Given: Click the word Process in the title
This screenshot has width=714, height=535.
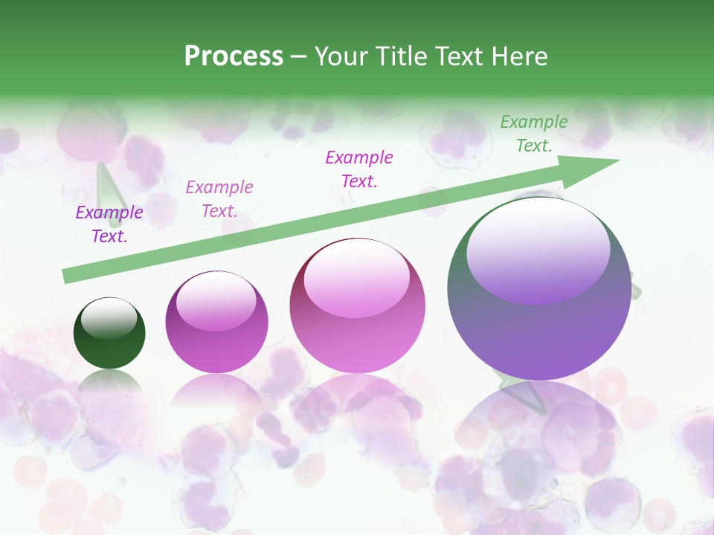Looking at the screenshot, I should point(234,56).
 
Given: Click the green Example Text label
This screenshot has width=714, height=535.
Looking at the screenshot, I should point(534,134).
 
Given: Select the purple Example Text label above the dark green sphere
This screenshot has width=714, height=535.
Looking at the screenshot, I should point(109,224).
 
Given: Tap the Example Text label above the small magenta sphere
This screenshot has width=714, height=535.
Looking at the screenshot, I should point(219,199).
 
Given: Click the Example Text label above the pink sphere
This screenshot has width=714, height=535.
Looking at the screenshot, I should point(359,169).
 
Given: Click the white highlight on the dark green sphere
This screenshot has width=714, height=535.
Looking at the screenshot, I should point(109,317).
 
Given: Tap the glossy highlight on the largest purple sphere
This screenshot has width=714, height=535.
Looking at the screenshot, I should point(538,249).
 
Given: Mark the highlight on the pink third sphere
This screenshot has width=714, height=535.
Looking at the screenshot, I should point(357,277).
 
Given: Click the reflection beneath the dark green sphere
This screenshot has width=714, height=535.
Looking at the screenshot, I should point(109,383).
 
